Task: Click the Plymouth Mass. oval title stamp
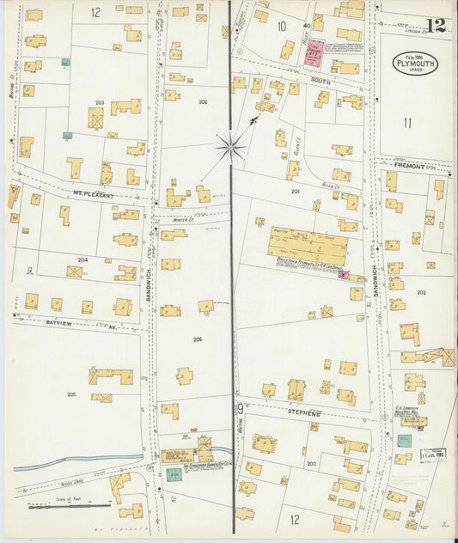click(x=415, y=63)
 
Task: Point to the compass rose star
click(x=229, y=147)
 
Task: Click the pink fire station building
click(x=314, y=52)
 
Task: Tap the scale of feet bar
click(x=60, y=506)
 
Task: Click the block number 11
click(x=407, y=122)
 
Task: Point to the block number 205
click(x=70, y=394)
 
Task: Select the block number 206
click(x=198, y=339)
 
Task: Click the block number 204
click(x=82, y=259)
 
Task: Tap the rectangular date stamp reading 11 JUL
click(x=432, y=454)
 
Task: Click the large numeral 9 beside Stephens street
click(x=240, y=410)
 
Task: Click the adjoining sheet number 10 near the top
click(x=280, y=26)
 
